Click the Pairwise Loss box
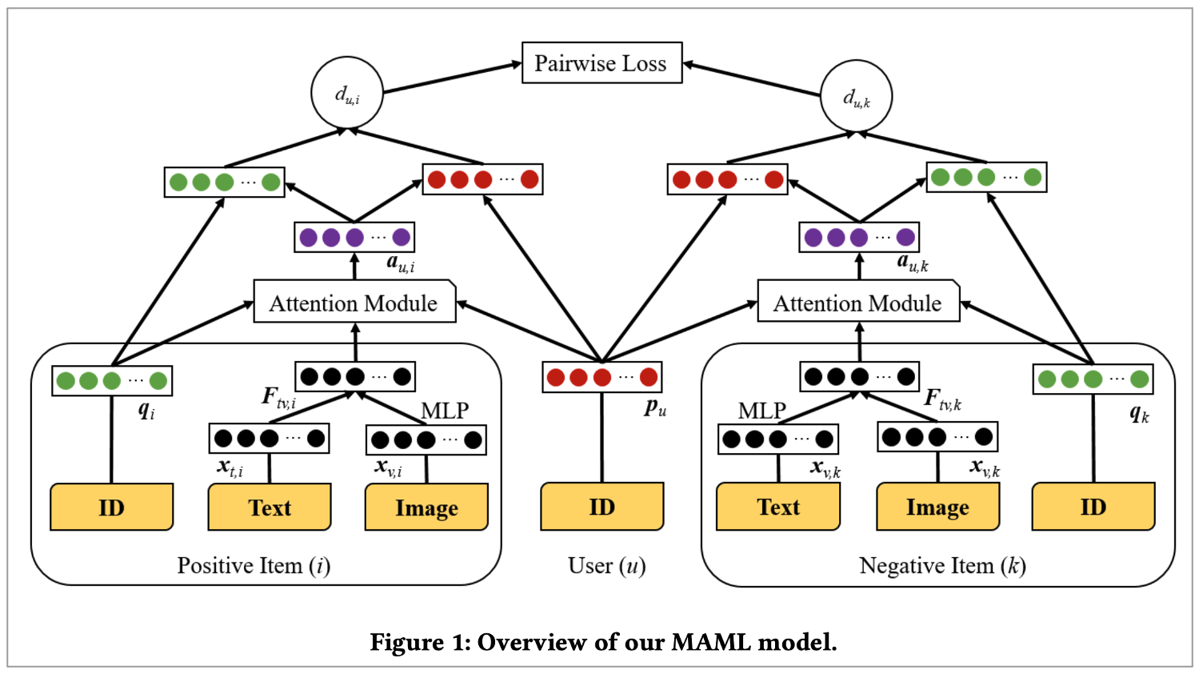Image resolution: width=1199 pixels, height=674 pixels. pyautogui.click(x=601, y=63)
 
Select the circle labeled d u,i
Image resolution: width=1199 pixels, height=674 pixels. pyautogui.click(x=347, y=93)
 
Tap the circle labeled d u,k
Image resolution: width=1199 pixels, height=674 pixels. pyautogui.click(x=857, y=96)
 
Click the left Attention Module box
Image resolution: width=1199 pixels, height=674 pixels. pyautogui.click(x=354, y=303)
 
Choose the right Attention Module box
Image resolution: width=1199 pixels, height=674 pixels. pyautogui.click(x=858, y=303)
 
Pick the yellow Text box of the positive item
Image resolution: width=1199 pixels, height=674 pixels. pyautogui.click(x=270, y=508)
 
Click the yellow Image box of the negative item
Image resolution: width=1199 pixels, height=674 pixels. pyautogui.click(x=937, y=508)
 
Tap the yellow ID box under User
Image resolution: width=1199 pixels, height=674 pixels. pyautogui.click(x=602, y=507)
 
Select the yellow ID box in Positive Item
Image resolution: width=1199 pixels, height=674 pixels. pyautogui.click(x=111, y=508)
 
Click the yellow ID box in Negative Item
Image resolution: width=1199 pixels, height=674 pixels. pyautogui.click(x=1093, y=507)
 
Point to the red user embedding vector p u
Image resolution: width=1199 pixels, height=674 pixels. pyautogui.click(x=602, y=377)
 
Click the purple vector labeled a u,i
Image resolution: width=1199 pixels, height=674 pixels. pyautogui.click(x=354, y=237)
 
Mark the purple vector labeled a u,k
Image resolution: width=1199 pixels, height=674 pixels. pyautogui.click(x=859, y=237)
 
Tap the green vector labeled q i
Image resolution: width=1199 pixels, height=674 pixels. pyautogui.click(x=112, y=380)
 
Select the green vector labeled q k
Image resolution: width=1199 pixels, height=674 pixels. pyautogui.click(x=1093, y=379)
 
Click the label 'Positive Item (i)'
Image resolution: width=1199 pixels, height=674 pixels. pyautogui.click(x=254, y=566)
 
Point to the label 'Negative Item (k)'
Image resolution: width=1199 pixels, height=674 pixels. pyautogui.click(x=942, y=566)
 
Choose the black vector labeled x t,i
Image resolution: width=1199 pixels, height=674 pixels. pyautogui.click(x=269, y=438)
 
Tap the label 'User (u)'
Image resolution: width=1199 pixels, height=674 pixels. pyautogui.click(x=606, y=566)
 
